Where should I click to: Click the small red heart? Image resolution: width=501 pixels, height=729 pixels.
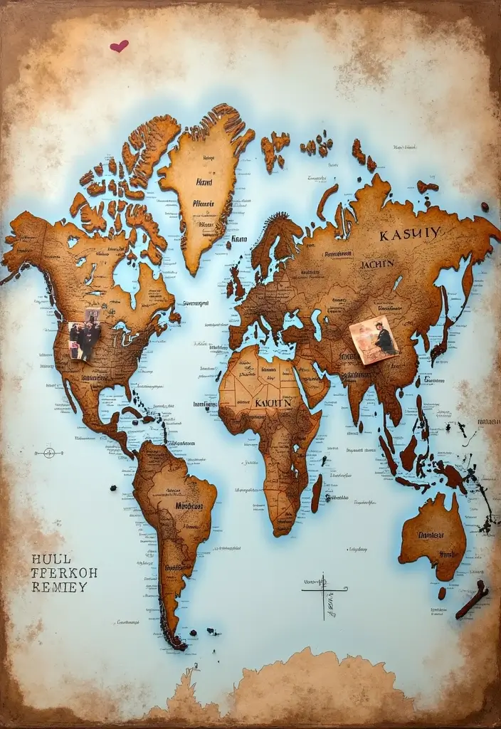(x=119, y=46)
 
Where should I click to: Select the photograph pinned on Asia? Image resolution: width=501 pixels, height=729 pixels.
(x=374, y=340)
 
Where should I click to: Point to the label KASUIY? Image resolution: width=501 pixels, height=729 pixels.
(x=409, y=234)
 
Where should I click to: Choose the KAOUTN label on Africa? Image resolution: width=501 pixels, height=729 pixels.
(x=273, y=402)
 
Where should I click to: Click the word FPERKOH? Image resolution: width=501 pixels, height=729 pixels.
(x=64, y=572)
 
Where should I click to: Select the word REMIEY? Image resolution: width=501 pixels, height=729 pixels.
(x=59, y=587)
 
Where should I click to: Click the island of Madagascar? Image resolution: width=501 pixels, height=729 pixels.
(x=316, y=493)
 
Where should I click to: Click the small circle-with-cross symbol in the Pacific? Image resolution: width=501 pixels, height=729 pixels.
(x=48, y=452)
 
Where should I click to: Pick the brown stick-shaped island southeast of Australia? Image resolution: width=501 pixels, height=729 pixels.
(x=472, y=599)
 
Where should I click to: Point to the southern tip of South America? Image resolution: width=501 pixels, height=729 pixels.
(x=175, y=640)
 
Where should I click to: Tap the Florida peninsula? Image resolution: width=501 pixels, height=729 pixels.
(x=135, y=389)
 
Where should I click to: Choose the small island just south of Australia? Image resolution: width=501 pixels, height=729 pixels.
(x=442, y=592)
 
